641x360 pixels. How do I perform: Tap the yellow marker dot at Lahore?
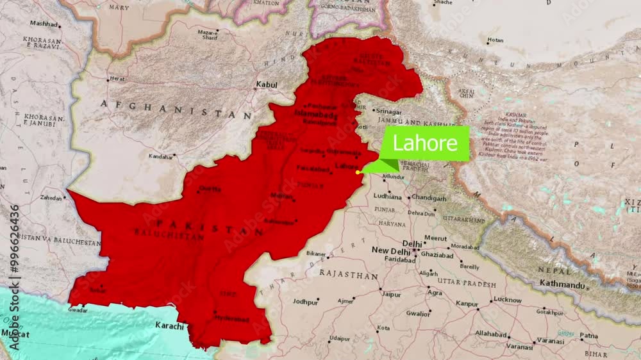(358, 172)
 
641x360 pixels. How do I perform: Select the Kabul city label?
(266, 85)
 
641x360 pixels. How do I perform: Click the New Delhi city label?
(390, 250)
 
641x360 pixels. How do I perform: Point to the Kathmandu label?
(563, 283)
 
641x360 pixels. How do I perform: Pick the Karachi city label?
(169, 325)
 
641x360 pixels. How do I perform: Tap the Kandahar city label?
(160, 156)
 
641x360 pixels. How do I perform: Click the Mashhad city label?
(44, 24)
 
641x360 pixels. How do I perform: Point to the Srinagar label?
(389, 111)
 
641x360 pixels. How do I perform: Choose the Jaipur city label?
(390, 295)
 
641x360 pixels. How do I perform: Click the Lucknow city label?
(507, 300)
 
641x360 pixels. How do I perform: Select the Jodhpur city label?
(305, 301)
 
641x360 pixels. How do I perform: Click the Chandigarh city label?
(429, 198)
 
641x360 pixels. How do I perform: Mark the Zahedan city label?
(51, 198)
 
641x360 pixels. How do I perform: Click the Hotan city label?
(495, 40)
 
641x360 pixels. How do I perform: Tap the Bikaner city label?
(316, 254)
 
